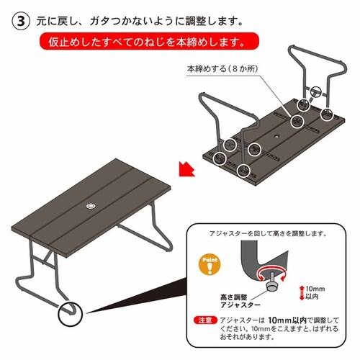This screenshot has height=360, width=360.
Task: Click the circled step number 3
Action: (22, 21)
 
